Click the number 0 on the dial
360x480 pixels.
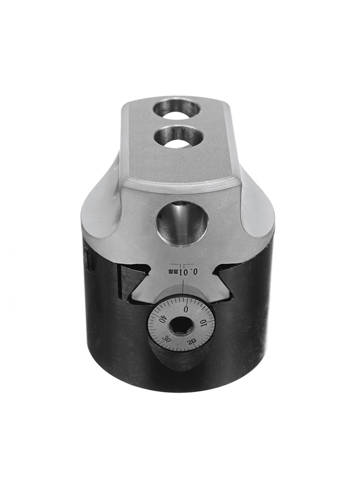click(185, 309)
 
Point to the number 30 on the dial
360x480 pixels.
click(167, 339)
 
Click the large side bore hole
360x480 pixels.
click(182, 223)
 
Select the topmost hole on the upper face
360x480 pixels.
click(177, 108)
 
